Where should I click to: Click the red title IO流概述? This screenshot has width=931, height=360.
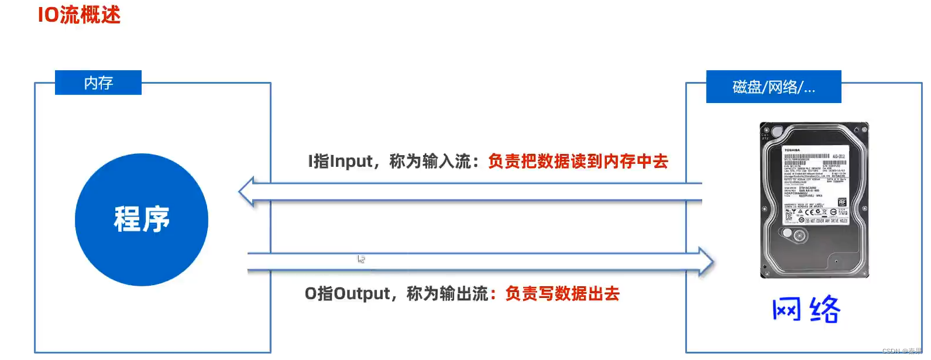pyautogui.click(x=79, y=15)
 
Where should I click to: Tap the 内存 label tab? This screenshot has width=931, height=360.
pyautogui.click(x=98, y=83)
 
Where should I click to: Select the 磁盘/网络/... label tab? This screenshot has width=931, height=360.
pyautogui.click(x=773, y=87)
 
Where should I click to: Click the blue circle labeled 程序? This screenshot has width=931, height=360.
pyautogui.click(x=142, y=220)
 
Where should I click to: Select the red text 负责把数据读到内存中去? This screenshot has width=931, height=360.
pyautogui.click(x=578, y=161)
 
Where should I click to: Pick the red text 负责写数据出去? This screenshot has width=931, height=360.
pyautogui.click(x=562, y=293)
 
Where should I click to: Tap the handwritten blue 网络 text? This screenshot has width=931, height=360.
pyautogui.click(x=806, y=310)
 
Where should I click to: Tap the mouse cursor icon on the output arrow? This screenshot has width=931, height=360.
pyautogui.click(x=361, y=259)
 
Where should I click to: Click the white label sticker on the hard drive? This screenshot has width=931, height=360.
pyautogui.click(x=815, y=184)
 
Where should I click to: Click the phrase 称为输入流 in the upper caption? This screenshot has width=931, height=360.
pyautogui.click(x=430, y=161)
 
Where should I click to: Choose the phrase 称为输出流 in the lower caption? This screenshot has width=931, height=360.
pyautogui.click(x=447, y=293)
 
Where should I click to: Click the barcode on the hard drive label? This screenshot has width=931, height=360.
pyautogui.click(x=806, y=156)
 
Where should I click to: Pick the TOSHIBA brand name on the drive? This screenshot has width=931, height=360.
pyautogui.click(x=792, y=150)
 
